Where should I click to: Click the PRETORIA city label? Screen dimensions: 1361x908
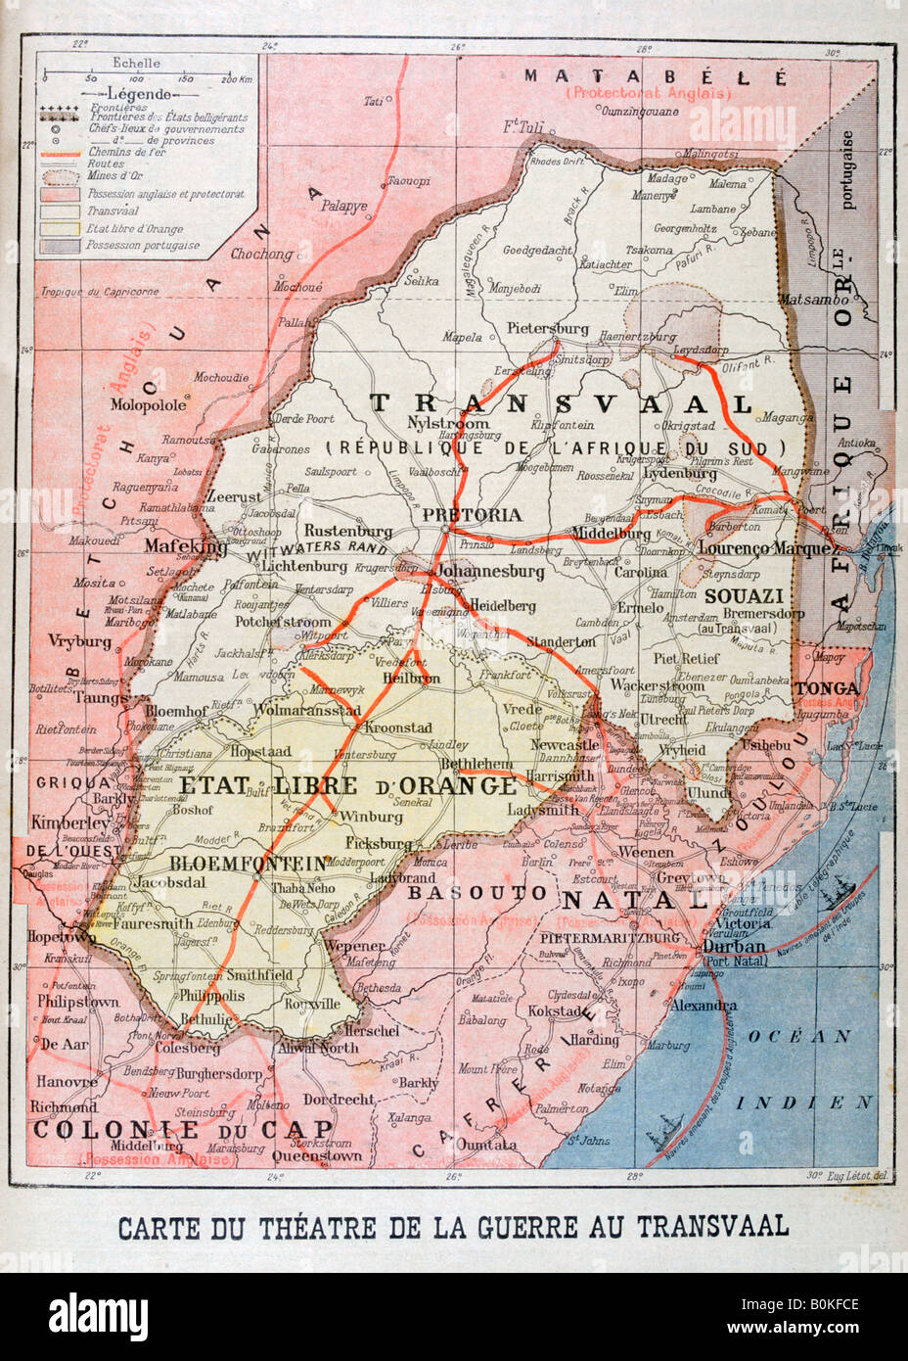point(472,514)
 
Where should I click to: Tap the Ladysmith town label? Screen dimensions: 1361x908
point(544,810)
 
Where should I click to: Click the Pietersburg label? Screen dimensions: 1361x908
point(548,328)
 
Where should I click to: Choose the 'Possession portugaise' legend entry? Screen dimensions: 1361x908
point(143,246)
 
